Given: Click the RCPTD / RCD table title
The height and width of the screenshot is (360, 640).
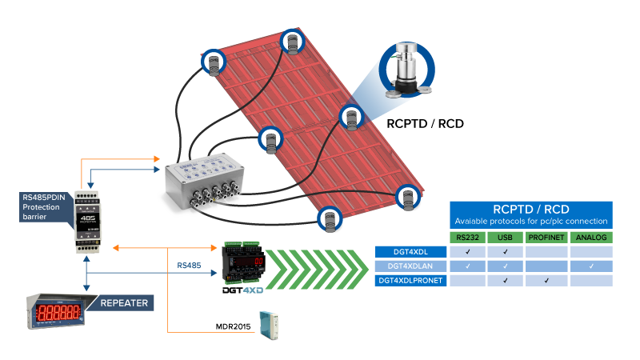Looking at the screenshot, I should tap(530, 210).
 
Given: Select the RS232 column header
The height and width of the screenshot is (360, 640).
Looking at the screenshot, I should tap(468, 237).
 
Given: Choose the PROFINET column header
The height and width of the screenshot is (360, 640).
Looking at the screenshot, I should tap(546, 237).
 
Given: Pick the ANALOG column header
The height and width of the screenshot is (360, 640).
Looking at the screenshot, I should tap(590, 237).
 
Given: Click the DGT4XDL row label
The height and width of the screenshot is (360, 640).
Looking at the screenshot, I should tap(410, 252).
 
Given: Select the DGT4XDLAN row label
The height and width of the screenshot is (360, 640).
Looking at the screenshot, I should tap(410, 266).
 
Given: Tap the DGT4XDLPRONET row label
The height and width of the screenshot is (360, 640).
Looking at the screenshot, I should tap(410, 281).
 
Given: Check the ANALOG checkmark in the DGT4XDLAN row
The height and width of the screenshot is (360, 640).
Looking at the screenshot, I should tap(590, 266).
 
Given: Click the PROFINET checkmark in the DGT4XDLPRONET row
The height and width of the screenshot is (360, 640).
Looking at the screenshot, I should tap(546, 281).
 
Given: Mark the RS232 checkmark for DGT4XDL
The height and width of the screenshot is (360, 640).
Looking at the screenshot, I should tap(468, 252).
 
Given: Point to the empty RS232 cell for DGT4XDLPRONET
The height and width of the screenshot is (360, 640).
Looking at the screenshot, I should tap(468, 281).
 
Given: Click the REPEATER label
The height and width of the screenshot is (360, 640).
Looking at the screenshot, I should tap(122, 303).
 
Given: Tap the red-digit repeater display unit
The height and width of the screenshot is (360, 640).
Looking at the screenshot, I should tap(61, 312).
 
